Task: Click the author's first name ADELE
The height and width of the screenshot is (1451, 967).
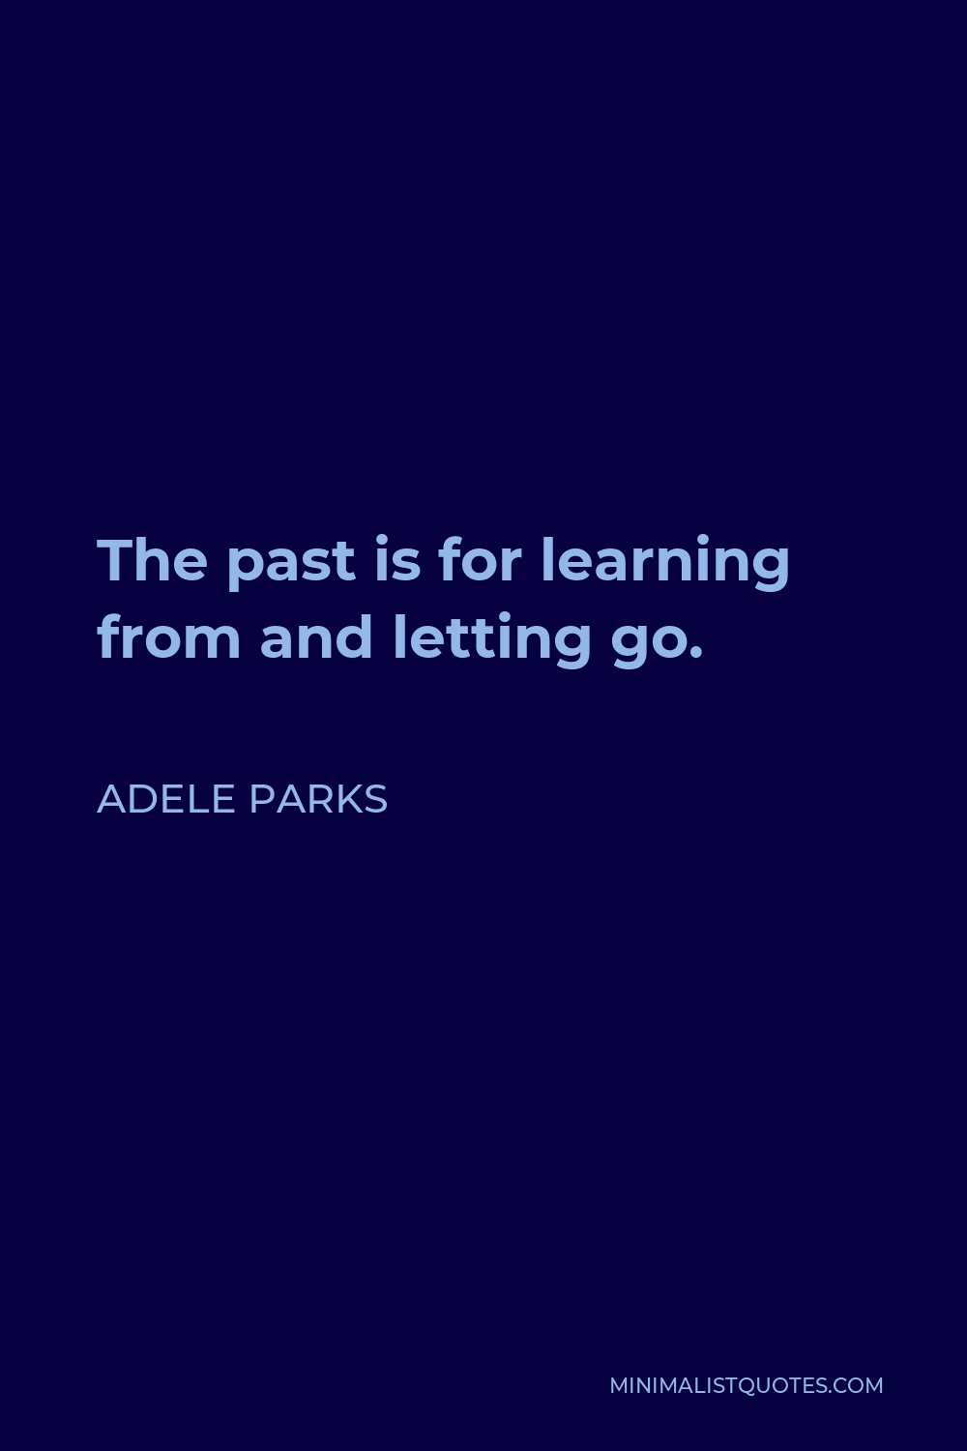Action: [x=165, y=799]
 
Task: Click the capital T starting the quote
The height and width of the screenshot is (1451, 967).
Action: [x=116, y=561]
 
